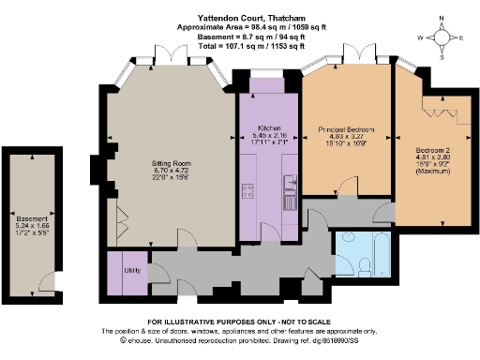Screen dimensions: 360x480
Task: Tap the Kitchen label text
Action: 266,127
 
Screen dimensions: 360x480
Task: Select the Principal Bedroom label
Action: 347,128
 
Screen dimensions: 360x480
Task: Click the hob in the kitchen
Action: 247,192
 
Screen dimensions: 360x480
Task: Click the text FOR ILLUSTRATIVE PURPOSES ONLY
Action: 239,322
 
